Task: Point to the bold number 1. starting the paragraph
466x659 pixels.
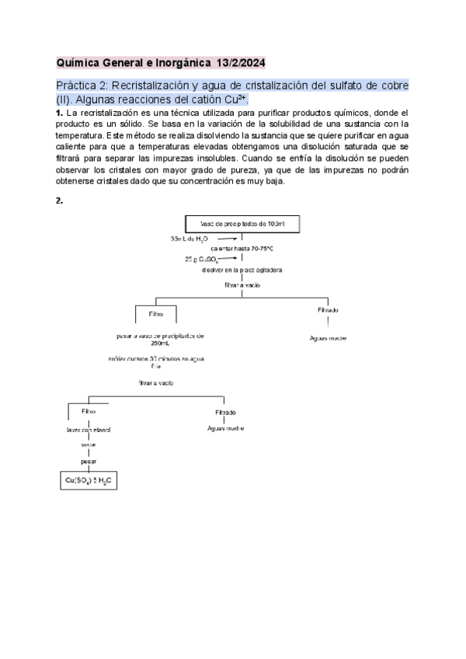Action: pos(59,113)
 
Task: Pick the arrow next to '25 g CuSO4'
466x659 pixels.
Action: pos(227,260)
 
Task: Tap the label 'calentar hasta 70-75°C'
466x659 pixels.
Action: pos(243,249)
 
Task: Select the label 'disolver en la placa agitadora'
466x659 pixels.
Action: pos(241,270)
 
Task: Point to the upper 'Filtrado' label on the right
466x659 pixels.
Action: pos(328,310)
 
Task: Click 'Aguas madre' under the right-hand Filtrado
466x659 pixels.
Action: pos(328,338)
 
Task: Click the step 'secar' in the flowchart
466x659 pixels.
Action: pos(88,445)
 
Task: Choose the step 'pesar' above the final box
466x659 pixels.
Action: pos(89,461)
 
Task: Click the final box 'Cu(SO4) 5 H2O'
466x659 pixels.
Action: pos(89,481)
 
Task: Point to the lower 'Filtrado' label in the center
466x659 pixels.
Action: pos(226,412)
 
